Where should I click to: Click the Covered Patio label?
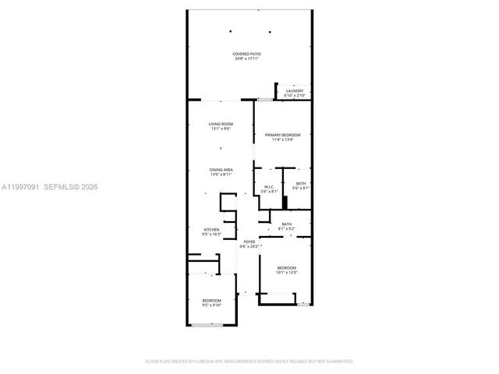pyautogui.click(x=246, y=53)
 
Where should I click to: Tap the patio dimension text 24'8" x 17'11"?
pyautogui.click(x=246, y=58)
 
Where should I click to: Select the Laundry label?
pyautogui.click(x=294, y=91)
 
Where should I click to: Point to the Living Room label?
pyautogui.click(x=221, y=125)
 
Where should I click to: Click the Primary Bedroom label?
pyautogui.click(x=282, y=136)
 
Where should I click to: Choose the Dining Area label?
pyautogui.click(x=221, y=170)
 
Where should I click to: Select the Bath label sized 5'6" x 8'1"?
pyautogui.click(x=301, y=184)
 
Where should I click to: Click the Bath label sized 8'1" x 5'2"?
pyautogui.click(x=286, y=224)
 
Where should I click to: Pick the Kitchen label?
pyautogui.click(x=212, y=229)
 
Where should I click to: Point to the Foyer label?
pyautogui.click(x=249, y=242)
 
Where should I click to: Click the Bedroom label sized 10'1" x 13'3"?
pyautogui.click(x=286, y=268)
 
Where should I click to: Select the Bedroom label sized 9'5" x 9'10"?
pyautogui.click(x=212, y=301)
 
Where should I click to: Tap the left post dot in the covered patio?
pyautogui.click(x=232, y=32)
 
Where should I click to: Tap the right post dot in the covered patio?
pyautogui.click(x=270, y=32)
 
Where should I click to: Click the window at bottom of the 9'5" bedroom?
pyautogui.click(x=207, y=324)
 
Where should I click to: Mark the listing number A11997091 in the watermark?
pyautogui.click(x=19, y=187)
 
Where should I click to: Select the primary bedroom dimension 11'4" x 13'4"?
pyautogui.click(x=282, y=140)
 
